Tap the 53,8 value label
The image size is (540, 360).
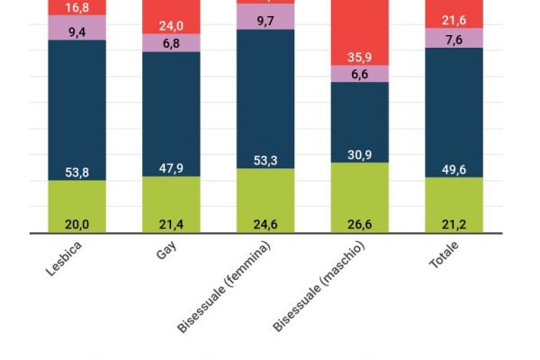77,174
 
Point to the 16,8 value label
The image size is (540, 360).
77,8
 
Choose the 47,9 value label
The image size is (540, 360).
171,168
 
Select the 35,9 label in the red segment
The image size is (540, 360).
360,58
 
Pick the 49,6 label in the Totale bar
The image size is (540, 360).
454,170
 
